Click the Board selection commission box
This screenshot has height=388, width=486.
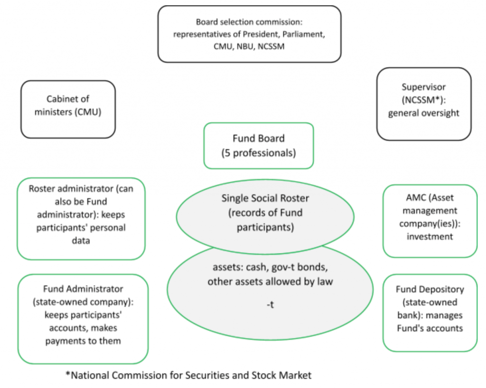point(249,34)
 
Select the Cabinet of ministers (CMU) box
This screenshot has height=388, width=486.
point(68,109)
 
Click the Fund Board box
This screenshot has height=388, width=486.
point(259,146)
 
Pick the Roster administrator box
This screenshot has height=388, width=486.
point(81,218)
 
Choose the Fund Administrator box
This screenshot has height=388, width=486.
point(83,319)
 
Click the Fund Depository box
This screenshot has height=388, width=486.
point(430,313)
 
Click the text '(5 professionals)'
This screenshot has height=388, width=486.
point(259,153)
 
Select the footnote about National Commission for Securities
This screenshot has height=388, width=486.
point(188,375)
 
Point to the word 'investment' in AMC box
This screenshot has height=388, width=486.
point(430,236)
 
